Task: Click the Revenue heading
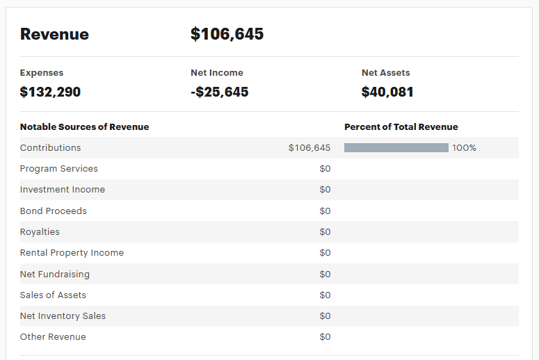(x=54, y=34)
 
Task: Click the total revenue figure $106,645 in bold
(x=227, y=34)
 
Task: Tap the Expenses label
(x=42, y=73)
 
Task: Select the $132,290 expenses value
(x=50, y=92)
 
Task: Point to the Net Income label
(x=217, y=73)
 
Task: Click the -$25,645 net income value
(x=219, y=92)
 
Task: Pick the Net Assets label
(x=385, y=73)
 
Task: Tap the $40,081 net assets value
(x=387, y=92)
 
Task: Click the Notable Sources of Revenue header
(x=84, y=127)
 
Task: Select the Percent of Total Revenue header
(x=401, y=127)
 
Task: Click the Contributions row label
(x=50, y=148)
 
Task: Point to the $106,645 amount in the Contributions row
(x=309, y=148)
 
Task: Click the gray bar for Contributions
(x=396, y=148)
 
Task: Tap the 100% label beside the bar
(x=464, y=148)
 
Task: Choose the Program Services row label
(x=59, y=169)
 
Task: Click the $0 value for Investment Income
(x=325, y=190)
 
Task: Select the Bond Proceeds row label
(x=54, y=211)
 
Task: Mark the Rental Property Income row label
(x=72, y=253)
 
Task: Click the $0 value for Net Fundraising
(x=325, y=275)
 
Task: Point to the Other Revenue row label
(x=53, y=337)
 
